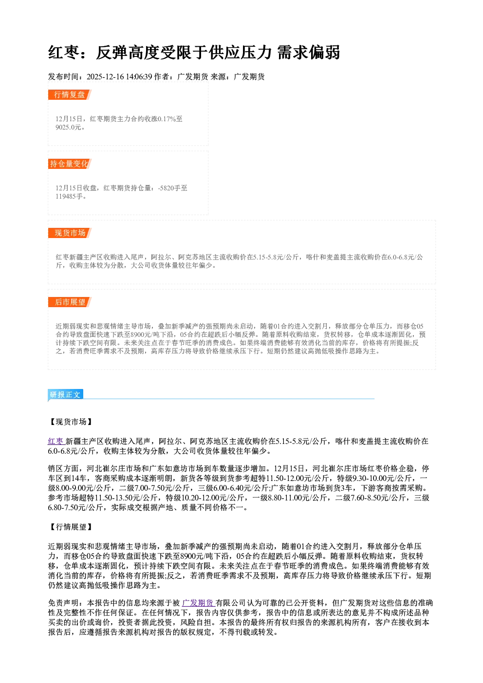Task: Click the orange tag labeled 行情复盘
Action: (x=70, y=94)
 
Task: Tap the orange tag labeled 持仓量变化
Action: (x=70, y=164)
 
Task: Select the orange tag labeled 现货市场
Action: (x=70, y=233)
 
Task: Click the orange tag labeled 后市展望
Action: (x=70, y=302)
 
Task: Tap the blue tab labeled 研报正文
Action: (x=65, y=394)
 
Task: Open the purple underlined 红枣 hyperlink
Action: (x=56, y=441)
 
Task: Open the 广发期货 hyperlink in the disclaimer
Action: (x=198, y=603)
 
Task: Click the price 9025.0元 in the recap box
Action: (x=69, y=127)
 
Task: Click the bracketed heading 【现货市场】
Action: (x=70, y=422)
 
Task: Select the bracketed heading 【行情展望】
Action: (x=70, y=527)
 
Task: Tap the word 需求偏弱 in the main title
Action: (x=309, y=52)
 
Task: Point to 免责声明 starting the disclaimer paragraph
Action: (x=63, y=603)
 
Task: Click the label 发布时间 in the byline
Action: (x=63, y=76)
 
